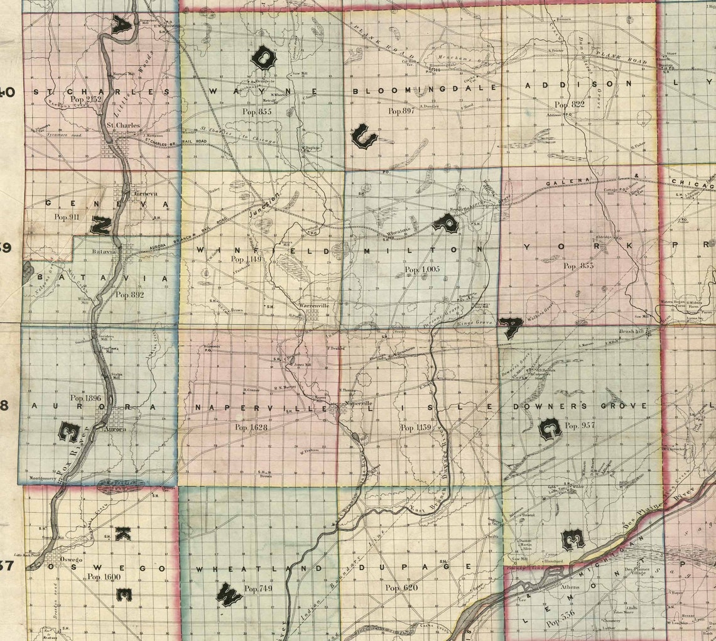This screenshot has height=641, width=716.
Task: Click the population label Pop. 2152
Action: tap(86, 99)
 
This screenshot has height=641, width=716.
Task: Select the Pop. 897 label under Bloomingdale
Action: tap(401, 111)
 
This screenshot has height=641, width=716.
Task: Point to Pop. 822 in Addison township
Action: tap(569, 104)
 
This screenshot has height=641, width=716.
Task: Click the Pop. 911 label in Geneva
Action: tap(67, 217)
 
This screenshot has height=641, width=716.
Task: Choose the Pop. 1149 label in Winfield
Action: tap(246, 258)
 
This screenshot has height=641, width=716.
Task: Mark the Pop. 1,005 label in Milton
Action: tap(422, 270)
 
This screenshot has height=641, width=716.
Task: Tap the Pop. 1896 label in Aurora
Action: tap(85, 398)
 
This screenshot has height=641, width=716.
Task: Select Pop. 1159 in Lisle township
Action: tap(416, 428)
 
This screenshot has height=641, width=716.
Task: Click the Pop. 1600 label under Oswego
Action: tap(103, 576)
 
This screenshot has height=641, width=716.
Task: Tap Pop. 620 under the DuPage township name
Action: tap(401, 588)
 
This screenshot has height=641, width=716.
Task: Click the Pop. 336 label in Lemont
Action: tap(561, 623)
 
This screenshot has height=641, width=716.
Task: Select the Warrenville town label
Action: tap(314, 306)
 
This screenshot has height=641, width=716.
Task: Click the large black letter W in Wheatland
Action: tap(228, 594)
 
